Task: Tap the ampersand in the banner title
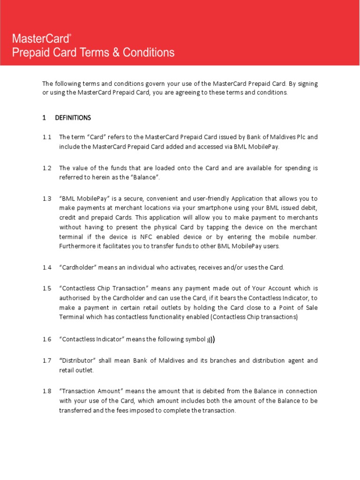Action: (114, 52)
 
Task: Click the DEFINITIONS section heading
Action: (73, 118)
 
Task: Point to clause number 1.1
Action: (46, 137)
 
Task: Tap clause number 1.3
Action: (46, 198)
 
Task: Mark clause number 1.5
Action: (46, 288)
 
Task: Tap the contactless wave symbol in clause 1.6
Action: (211, 339)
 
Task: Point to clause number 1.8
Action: (46, 391)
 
